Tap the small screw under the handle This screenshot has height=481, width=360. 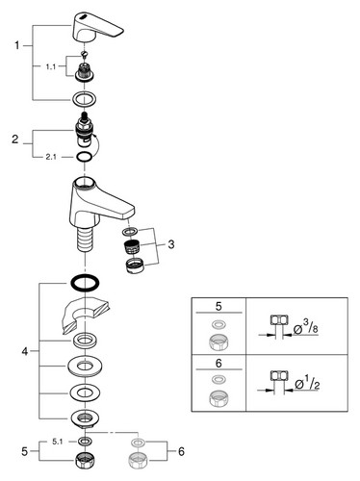pos(85,54)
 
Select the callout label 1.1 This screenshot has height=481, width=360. pos(51,66)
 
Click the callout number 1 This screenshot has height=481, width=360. pos(17,45)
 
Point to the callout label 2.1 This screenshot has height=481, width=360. pos(51,157)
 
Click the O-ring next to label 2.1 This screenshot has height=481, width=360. pos(85,157)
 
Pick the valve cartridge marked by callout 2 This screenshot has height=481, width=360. pos(85,130)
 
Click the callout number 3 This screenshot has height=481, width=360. pos(171,244)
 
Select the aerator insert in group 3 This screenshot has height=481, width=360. pos(130,246)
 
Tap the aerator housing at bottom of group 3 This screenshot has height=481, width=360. pos(135,266)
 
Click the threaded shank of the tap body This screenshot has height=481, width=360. pos(85,239)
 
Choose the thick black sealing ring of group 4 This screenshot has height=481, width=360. pos(85,283)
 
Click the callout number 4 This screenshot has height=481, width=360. pos(25,351)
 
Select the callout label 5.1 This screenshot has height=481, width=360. pos(57,442)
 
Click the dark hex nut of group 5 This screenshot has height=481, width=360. pos(84,461)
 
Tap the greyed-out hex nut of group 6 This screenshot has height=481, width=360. pos(138,461)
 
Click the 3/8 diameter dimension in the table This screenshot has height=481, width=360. pos(306,328)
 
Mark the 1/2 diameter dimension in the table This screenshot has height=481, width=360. pos(307,383)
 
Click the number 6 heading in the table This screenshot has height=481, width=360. pos(219,364)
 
